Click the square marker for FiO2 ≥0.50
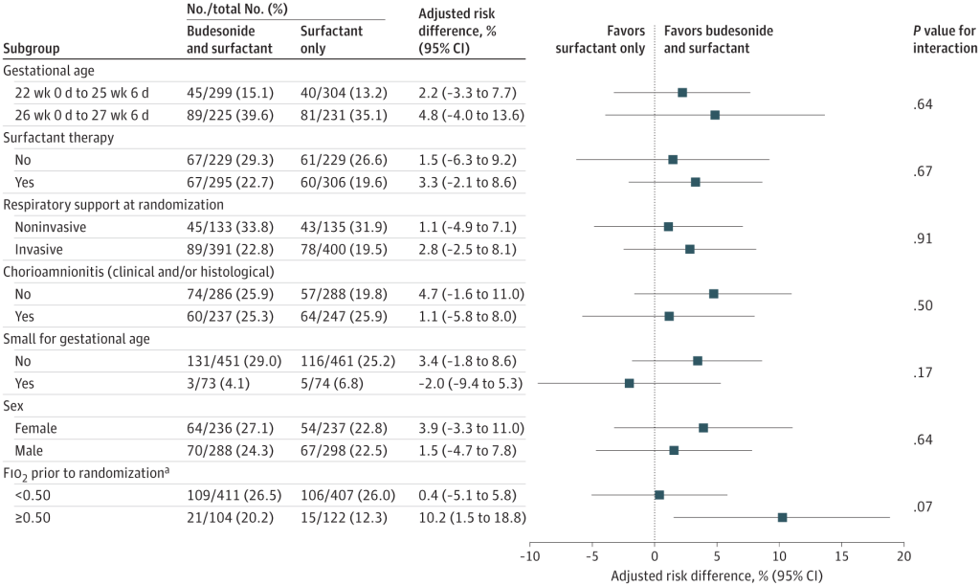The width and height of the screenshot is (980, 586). pos(782,517)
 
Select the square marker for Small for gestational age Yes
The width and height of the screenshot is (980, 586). pos(629,383)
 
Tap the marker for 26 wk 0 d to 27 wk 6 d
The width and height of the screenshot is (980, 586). pos(715,115)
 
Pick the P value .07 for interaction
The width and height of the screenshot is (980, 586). pos(923,506)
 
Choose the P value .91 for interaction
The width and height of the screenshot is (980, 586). pos(923,237)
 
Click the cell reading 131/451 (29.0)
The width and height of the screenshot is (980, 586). pos(234,361)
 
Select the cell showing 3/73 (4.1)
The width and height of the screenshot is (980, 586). pos(222,383)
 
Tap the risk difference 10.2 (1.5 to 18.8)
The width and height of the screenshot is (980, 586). pos(472,517)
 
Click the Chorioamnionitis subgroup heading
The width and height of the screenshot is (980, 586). pos(139,271)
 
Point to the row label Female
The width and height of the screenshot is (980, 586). pos(36,428)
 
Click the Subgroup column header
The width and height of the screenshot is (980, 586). pos(34,48)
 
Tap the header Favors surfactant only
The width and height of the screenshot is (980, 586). pos(600,39)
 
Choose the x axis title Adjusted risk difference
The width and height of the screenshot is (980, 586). pos(716,576)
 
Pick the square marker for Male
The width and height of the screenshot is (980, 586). pos(674,450)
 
